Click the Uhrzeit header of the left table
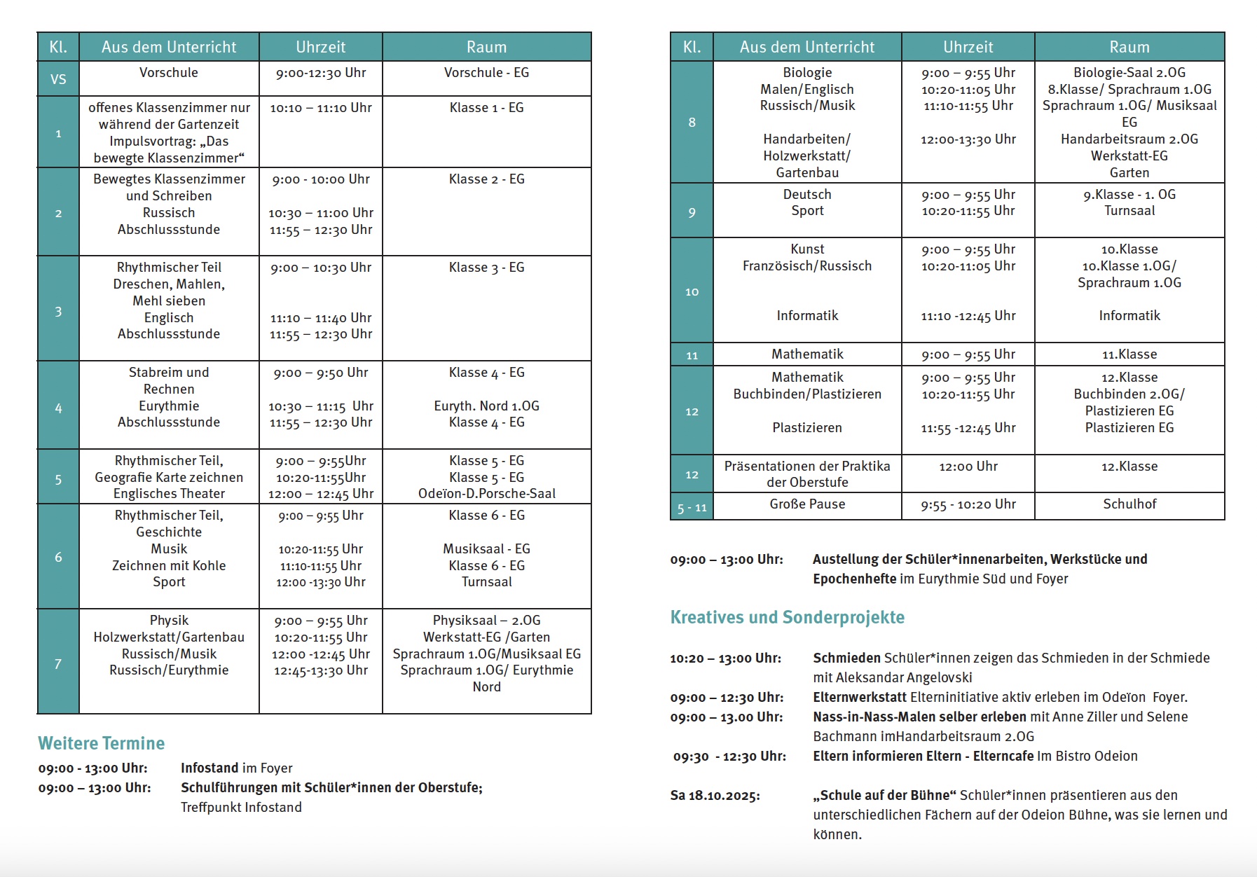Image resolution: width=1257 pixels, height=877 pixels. (x=320, y=47)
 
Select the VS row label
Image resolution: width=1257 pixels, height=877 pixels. (x=58, y=79)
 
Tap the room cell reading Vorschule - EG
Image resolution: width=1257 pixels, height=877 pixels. (x=486, y=73)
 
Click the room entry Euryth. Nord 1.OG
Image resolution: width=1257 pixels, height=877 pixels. (x=486, y=406)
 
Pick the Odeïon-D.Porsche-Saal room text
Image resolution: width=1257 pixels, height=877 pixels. (x=486, y=494)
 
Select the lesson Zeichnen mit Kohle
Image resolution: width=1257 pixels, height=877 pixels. (x=169, y=566)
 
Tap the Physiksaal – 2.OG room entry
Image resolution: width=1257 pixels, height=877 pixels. (x=486, y=621)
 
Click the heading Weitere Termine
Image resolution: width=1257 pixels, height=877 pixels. (x=102, y=743)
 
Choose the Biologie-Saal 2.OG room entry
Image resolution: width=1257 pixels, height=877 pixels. (x=1129, y=73)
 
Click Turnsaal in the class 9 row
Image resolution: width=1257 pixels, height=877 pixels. (x=1129, y=211)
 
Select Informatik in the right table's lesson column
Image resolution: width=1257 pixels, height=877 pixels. (x=807, y=316)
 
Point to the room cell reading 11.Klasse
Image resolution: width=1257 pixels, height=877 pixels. (x=1129, y=354)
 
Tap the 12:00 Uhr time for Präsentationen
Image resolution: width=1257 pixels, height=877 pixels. (x=968, y=467)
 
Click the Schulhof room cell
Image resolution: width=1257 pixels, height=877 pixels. (x=1129, y=504)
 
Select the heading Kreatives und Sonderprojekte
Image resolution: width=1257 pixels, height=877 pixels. (x=787, y=618)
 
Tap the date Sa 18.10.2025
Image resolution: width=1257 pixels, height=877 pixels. (x=715, y=796)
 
